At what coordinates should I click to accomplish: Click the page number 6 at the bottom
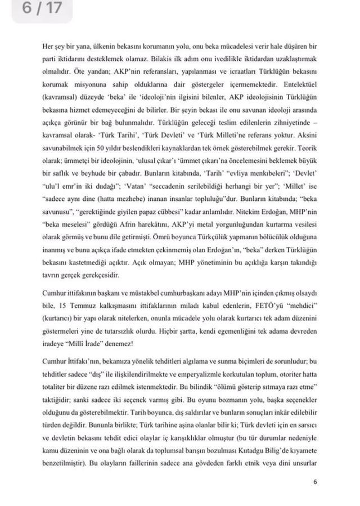[316, 482]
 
